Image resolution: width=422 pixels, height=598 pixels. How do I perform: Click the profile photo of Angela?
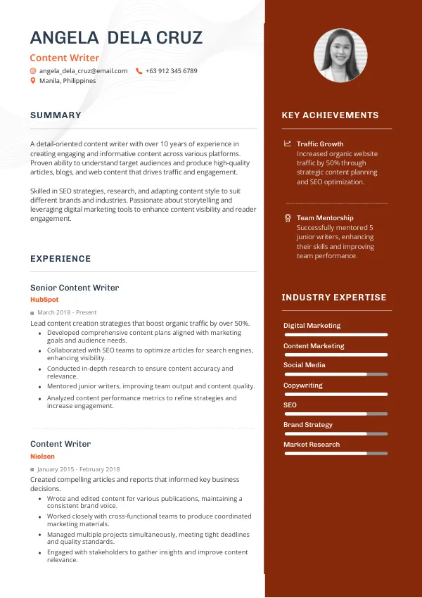coord(340,56)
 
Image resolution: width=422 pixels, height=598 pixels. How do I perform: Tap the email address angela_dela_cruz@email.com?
coord(83,71)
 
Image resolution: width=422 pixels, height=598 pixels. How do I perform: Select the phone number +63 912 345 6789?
coord(171,71)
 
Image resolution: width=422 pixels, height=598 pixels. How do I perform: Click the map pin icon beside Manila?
coord(33,81)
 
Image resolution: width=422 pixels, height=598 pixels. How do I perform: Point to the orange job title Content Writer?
coord(64,58)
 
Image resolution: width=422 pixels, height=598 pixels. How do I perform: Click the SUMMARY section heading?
coord(56,115)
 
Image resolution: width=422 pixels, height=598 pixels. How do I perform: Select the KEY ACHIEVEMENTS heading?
coord(330,115)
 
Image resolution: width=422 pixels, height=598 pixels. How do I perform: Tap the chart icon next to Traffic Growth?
coord(287,144)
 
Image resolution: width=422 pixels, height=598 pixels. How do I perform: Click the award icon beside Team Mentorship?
coord(287,218)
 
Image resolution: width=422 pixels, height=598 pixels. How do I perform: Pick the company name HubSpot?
coord(44,300)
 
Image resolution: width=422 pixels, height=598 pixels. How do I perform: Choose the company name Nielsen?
coord(42,457)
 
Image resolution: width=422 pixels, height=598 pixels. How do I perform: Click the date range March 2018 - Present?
coord(67,312)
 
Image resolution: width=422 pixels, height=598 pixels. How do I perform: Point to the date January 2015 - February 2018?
coord(78,469)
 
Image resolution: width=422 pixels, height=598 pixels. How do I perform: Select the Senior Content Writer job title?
coord(75,288)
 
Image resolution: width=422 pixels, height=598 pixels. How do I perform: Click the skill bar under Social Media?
coord(335,374)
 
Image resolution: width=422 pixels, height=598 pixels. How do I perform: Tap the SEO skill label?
coord(290,405)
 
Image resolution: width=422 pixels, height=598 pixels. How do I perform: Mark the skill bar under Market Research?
coord(335,454)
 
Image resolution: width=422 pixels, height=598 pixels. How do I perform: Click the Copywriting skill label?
coord(303,386)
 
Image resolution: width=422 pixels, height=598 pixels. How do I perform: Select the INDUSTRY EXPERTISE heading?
coord(334,298)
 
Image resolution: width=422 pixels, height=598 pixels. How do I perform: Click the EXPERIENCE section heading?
coord(60,259)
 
